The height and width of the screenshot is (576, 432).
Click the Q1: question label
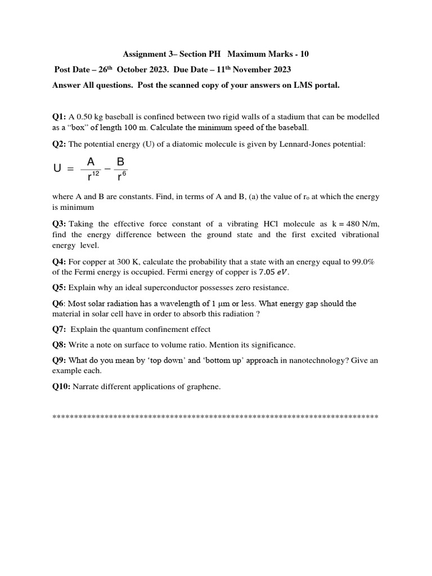59,117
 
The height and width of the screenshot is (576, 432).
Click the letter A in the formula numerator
91,162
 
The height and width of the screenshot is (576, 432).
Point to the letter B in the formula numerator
120,162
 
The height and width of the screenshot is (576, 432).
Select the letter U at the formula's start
57,169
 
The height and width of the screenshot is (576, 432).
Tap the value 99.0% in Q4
364,262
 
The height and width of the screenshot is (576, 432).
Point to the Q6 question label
58,304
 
